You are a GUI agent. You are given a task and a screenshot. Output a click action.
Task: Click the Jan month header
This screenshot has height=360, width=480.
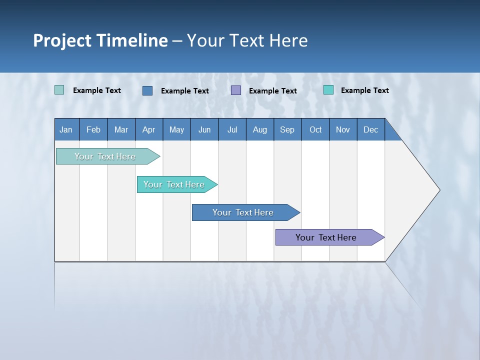[x=66, y=129]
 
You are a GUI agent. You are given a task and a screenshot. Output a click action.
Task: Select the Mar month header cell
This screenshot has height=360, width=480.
[x=121, y=129]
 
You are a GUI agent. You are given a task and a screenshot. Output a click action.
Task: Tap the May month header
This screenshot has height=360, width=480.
[x=176, y=129]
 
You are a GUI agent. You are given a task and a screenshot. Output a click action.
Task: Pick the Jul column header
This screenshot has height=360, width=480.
[x=232, y=129]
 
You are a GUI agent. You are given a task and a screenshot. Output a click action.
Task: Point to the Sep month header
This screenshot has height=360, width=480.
[x=287, y=129]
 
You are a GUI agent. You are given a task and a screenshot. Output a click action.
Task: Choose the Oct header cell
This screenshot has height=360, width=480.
[x=315, y=129]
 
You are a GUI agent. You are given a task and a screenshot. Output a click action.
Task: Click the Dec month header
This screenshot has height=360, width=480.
[x=370, y=129]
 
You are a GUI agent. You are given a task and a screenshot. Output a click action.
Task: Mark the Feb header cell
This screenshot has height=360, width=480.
[x=93, y=129]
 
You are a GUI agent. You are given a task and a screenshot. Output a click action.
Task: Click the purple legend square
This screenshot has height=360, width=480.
[x=236, y=90]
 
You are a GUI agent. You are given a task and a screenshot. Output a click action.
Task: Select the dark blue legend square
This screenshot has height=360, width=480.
[x=147, y=90]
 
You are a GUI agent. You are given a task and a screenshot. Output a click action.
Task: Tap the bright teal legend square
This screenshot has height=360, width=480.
[x=328, y=90]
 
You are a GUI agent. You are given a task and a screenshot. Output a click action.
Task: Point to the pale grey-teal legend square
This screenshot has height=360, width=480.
[x=59, y=90]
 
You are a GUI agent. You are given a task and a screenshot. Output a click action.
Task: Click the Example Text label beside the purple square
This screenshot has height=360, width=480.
[x=272, y=91]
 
